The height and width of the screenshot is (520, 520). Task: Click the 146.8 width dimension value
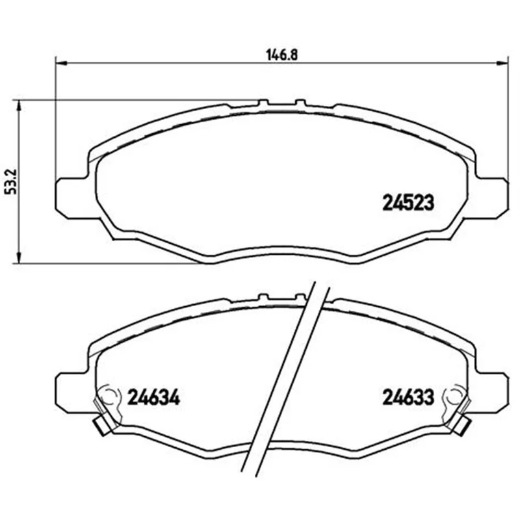click(282, 55)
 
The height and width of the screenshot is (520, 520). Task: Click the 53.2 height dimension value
click(12, 181)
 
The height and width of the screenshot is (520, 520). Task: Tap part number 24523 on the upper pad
click(408, 202)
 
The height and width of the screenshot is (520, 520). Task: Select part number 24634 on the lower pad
click(153, 397)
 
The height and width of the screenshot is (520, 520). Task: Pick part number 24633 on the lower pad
click(408, 397)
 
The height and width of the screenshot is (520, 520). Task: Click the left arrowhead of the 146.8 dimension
click(61, 62)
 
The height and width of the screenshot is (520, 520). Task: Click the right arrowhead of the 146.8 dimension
click(502, 62)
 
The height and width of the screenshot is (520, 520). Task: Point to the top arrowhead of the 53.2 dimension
click(19, 106)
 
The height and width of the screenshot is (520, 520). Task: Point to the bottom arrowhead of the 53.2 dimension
click(19, 257)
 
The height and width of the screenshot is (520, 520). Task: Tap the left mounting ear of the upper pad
click(72, 198)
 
